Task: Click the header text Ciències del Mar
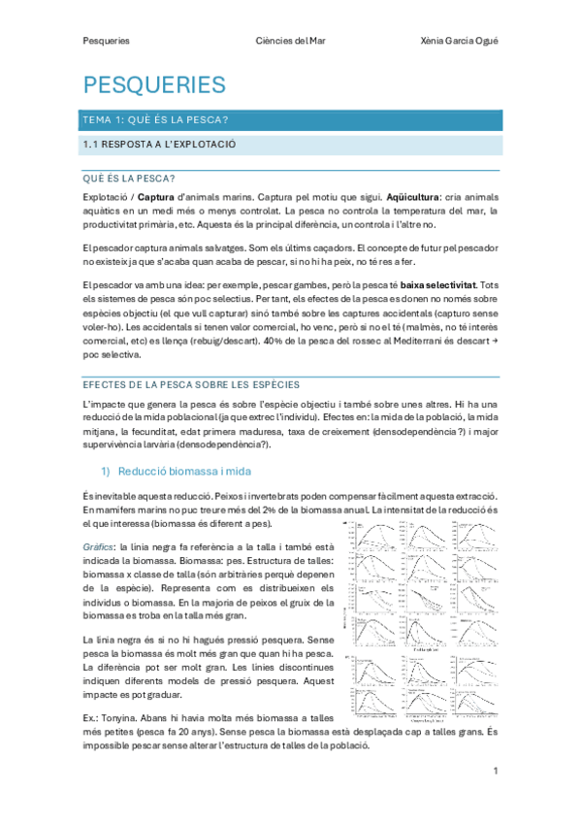290,41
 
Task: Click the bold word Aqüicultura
417,196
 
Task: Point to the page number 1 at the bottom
495,771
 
